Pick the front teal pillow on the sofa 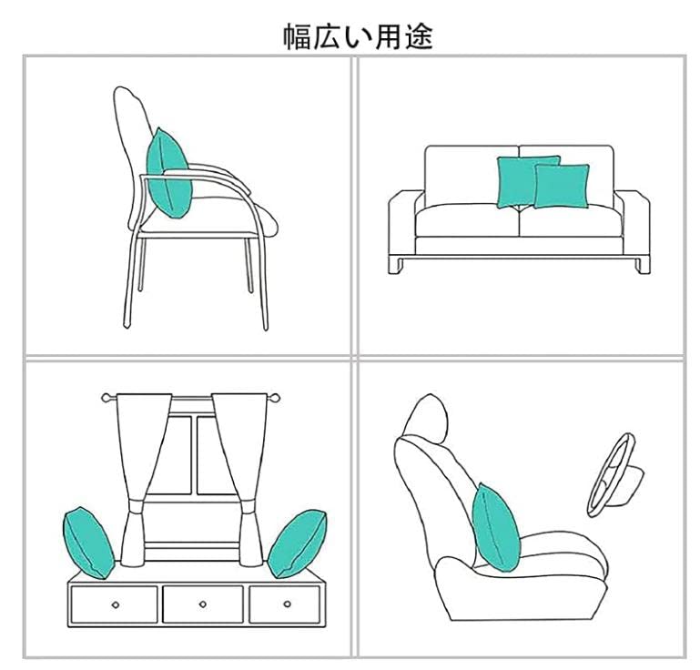560,186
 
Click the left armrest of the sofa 401,224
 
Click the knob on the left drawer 115,604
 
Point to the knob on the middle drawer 201,604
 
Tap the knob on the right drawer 286,604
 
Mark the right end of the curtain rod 276,398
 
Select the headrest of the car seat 422,418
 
